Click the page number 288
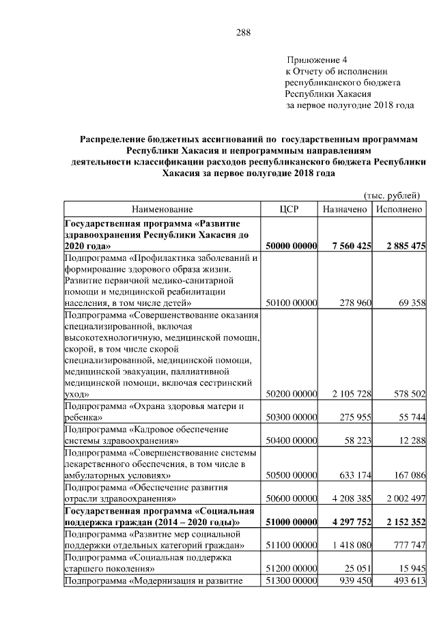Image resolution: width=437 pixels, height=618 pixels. [244, 32]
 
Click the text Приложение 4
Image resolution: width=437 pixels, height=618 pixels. [318, 60]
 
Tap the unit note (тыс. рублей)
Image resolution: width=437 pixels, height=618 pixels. [393, 195]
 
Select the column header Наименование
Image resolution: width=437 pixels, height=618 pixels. [163, 209]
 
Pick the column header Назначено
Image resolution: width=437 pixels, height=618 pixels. [345, 209]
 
